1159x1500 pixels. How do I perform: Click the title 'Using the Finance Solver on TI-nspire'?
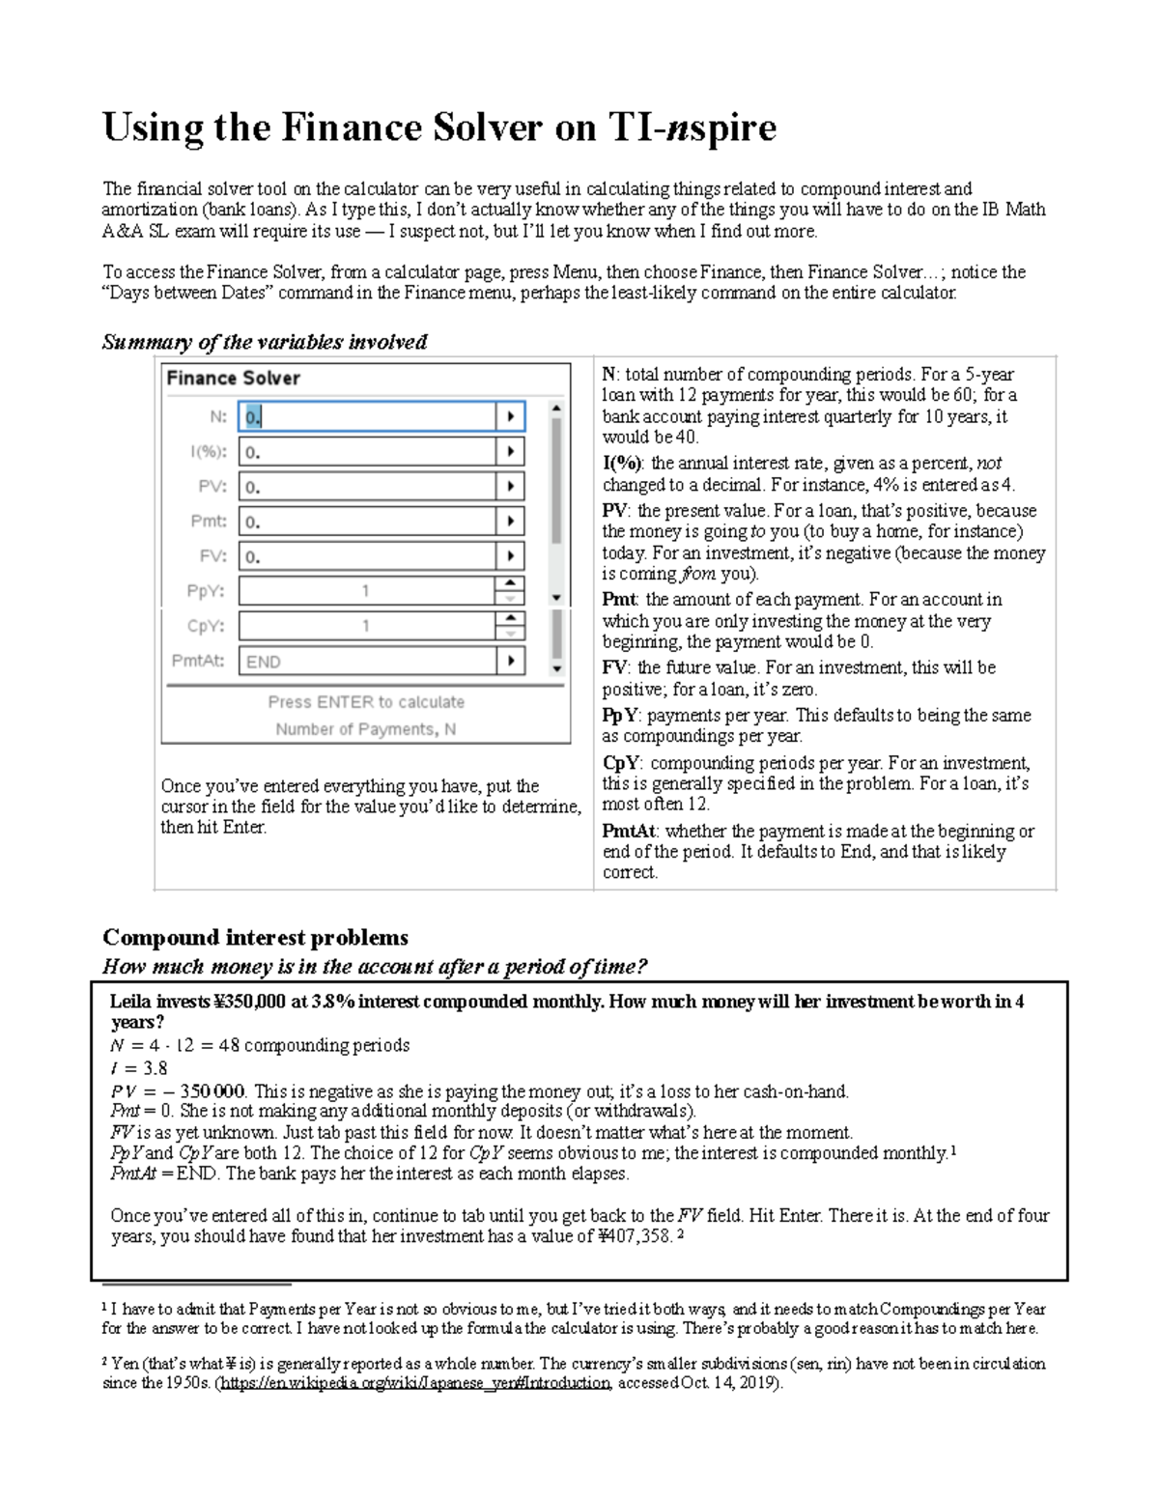pyautogui.click(x=439, y=127)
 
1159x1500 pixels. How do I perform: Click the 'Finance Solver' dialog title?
pyautogui.click(x=233, y=379)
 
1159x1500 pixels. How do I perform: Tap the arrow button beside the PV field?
pyautogui.click(x=510, y=487)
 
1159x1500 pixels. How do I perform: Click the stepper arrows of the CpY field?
pyautogui.click(x=510, y=626)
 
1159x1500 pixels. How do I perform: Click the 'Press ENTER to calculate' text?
pyautogui.click(x=366, y=702)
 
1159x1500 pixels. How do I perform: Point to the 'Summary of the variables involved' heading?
pyautogui.click(x=265, y=342)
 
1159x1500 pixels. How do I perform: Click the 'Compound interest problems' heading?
pyautogui.click(x=255, y=938)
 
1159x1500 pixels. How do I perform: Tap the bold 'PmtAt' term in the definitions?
pyautogui.click(x=630, y=831)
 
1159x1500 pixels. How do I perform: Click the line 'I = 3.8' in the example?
pyautogui.click(x=139, y=1068)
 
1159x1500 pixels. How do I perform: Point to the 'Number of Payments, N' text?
pyautogui.click(x=366, y=729)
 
